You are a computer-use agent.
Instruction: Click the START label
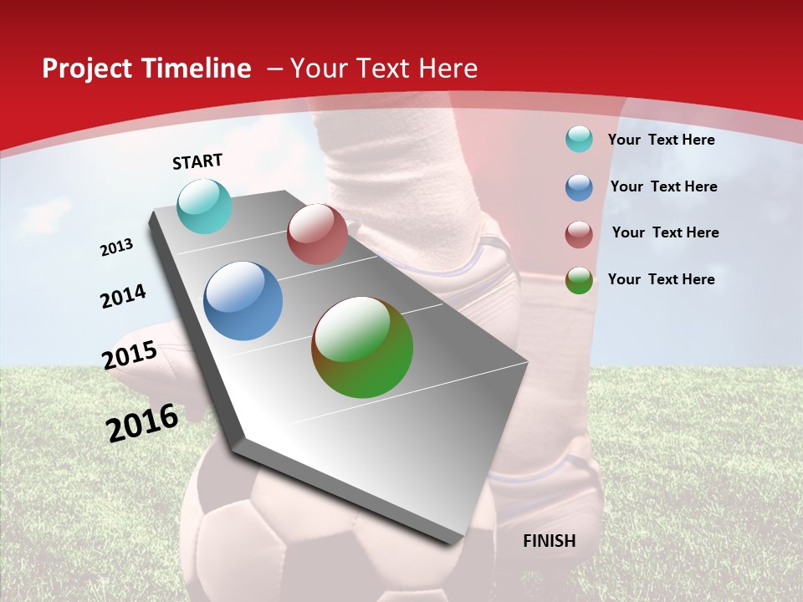[x=197, y=161]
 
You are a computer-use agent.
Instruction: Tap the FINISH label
[x=549, y=541]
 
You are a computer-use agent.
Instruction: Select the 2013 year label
[x=116, y=247]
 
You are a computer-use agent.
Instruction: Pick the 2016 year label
[x=142, y=423]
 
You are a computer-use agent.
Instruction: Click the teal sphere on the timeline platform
[x=204, y=206]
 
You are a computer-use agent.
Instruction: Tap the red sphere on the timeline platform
[x=317, y=234]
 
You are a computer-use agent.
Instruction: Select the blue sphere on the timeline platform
[x=243, y=301]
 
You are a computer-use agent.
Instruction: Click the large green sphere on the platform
[x=362, y=347]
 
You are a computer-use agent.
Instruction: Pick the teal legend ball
[x=579, y=139]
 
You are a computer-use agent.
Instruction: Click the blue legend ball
[x=579, y=187]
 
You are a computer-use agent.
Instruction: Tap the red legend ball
[x=579, y=234]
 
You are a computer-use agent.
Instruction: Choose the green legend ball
[x=579, y=280]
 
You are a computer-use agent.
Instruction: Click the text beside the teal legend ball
[x=661, y=140]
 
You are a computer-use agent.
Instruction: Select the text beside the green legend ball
[x=661, y=279]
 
